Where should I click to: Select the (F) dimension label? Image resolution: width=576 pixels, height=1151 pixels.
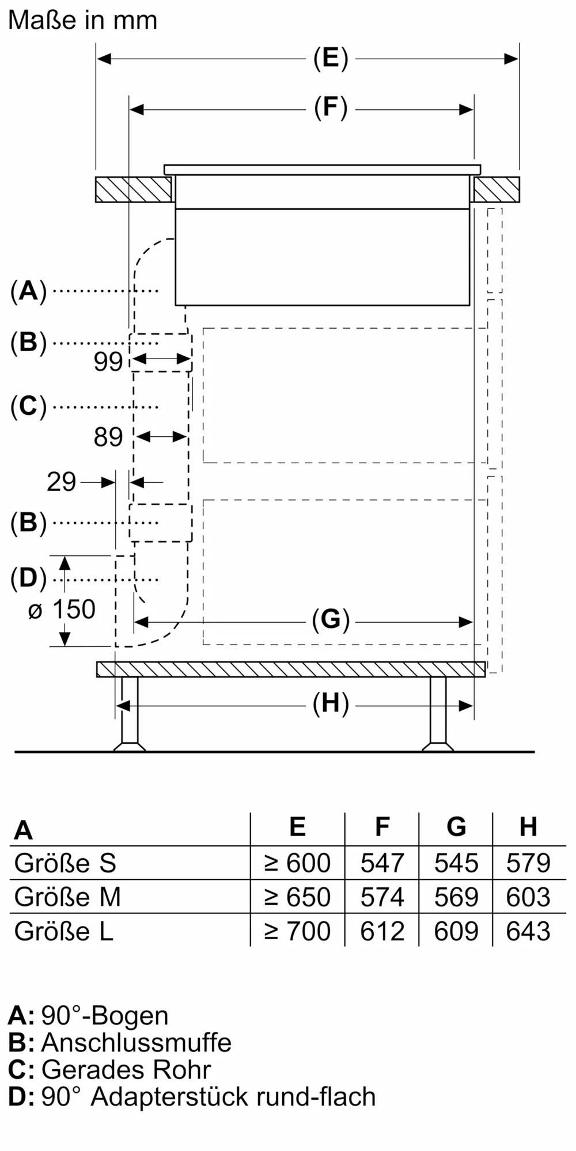pyautogui.click(x=331, y=108)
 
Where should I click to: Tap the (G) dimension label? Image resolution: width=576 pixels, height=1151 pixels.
pyautogui.click(x=331, y=620)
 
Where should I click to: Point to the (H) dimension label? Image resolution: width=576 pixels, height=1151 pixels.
pyautogui.click(x=331, y=704)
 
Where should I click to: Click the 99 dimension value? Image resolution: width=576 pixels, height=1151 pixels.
pyautogui.click(x=108, y=362)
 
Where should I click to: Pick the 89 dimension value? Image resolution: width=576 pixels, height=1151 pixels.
pyautogui.click(x=108, y=437)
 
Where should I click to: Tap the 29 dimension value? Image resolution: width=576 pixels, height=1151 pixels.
pyautogui.click(x=62, y=482)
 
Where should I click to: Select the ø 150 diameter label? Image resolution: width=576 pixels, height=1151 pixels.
pyautogui.click(x=62, y=610)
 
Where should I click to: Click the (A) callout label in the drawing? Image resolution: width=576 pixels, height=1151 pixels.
pyautogui.click(x=28, y=291)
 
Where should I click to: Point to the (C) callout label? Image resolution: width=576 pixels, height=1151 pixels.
pyautogui.click(x=28, y=407)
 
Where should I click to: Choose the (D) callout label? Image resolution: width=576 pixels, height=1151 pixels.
pyautogui.click(x=28, y=578)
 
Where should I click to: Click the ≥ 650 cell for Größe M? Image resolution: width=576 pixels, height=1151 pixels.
pyautogui.click(x=297, y=897)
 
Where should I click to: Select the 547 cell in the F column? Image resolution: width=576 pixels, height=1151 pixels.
pyautogui.click(x=382, y=863)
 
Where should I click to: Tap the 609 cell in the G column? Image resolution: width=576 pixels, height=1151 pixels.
pyautogui.click(x=456, y=931)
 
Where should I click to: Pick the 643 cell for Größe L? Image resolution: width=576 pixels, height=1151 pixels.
pyautogui.click(x=528, y=931)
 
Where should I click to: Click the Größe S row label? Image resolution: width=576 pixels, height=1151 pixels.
pyautogui.click(x=65, y=863)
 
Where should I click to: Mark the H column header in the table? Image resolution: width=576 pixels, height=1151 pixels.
pyautogui.click(x=528, y=827)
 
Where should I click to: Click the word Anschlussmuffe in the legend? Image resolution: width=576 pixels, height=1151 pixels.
pyautogui.click(x=137, y=1043)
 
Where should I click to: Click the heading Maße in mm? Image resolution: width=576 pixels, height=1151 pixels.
pyautogui.click(x=83, y=21)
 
